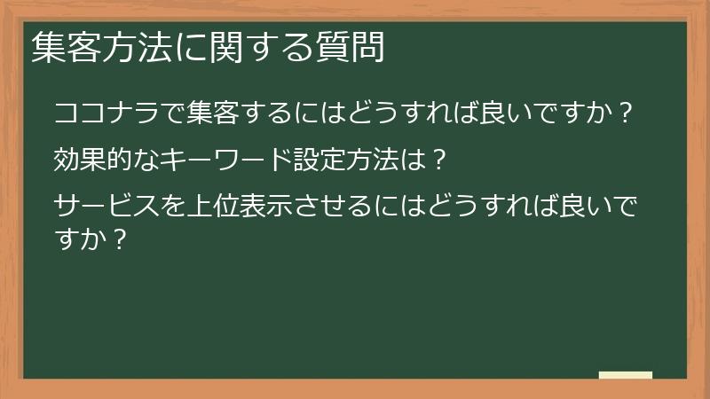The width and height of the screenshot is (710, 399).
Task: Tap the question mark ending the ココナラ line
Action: pos(625,113)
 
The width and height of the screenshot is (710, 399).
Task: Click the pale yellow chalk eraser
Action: pos(626,375)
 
